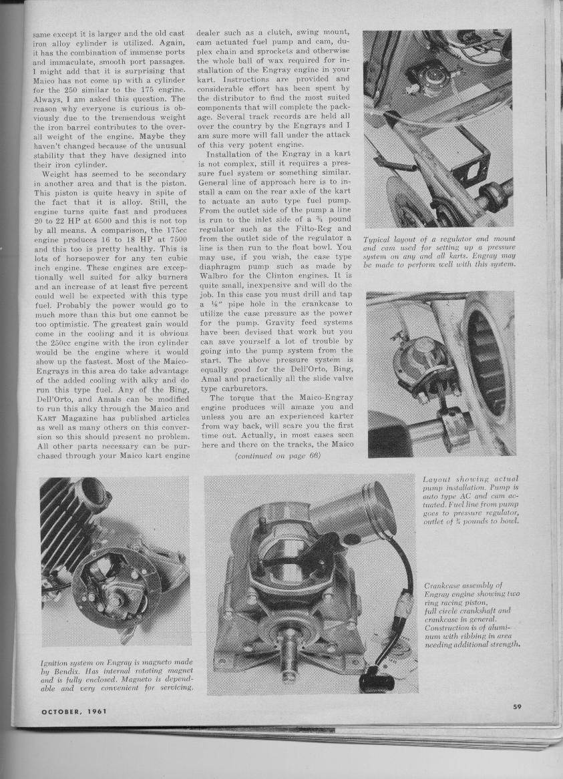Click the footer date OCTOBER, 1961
coord(73,712)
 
